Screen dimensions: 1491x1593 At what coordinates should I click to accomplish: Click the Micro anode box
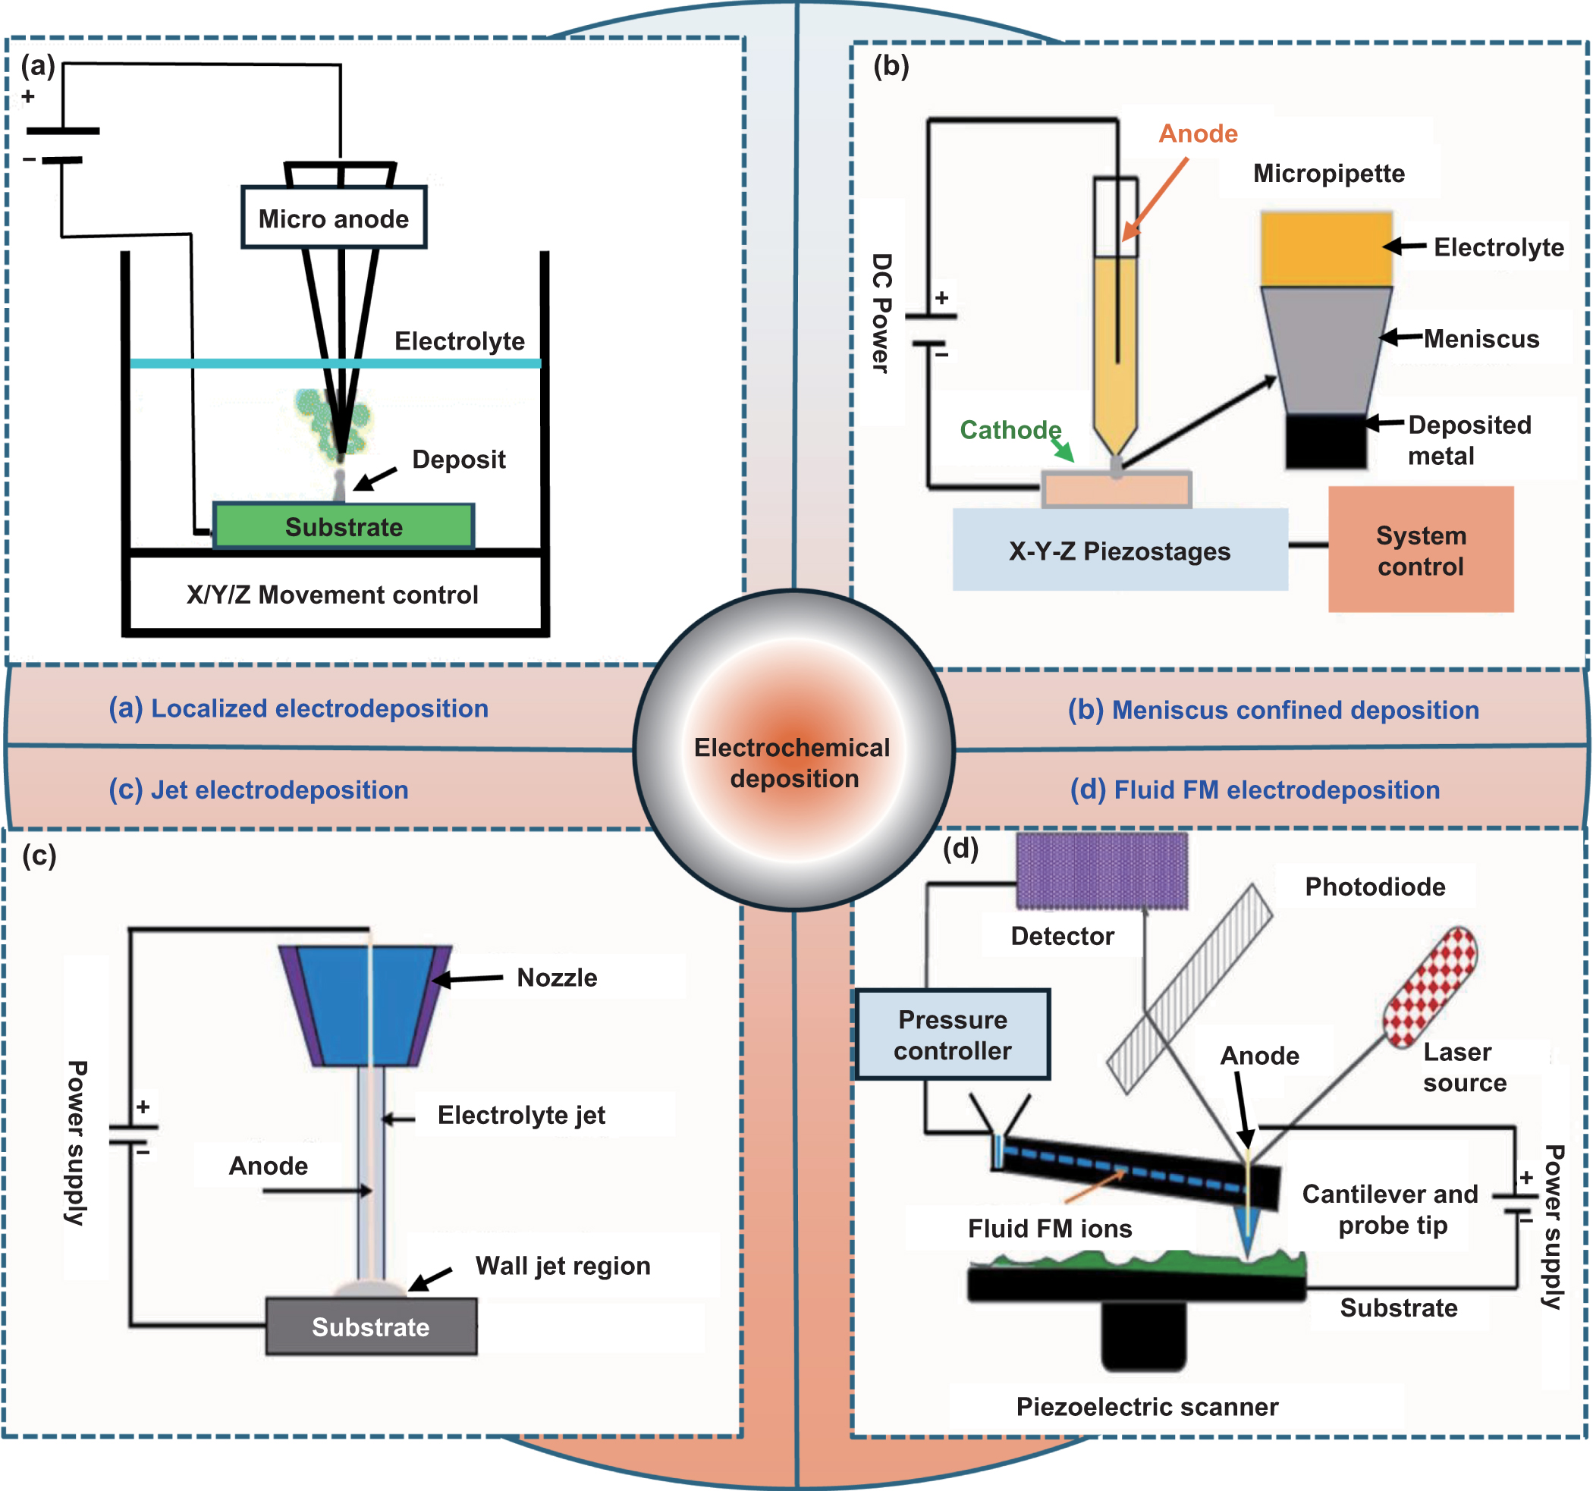pyautogui.click(x=333, y=218)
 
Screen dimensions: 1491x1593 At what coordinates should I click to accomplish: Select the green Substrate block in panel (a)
pyautogui.click(x=344, y=526)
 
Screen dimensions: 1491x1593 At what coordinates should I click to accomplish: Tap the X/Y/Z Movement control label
pyautogui.click(x=331, y=595)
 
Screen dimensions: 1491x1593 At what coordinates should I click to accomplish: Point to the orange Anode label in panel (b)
pyautogui.click(x=1198, y=133)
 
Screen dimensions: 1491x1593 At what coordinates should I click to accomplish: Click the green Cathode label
pyautogui.click(x=1010, y=430)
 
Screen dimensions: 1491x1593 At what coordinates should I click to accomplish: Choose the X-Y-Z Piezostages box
pyautogui.click(x=1120, y=551)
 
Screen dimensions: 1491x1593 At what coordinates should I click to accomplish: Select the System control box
pyautogui.click(x=1420, y=551)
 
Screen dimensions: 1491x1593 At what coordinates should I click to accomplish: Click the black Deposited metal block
pyautogui.click(x=1325, y=441)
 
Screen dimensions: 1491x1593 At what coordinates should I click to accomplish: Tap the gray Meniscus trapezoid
pyautogui.click(x=1325, y=349)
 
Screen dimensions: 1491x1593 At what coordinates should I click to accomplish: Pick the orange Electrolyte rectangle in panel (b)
pyautogui.click(x=1325, y=248)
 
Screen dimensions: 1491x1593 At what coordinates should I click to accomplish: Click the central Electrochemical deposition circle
pyautogui.click(x=793, y=751)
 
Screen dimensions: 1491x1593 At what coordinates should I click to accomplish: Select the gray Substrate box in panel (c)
pyautogui.click(x=371, y=1327)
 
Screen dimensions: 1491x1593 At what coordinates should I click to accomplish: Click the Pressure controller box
pyautogui.click(x=952, y=1034)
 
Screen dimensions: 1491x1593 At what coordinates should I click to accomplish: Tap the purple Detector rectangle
pyautogui.click(x=1101, y=871)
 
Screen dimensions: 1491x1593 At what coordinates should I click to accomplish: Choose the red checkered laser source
pyautogui.click(x=1430, y=988)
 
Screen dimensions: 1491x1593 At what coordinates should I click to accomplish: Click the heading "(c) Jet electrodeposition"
pyautogui.click(x=259, y=790)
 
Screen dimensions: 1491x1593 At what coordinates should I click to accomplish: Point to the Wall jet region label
pyautogui.click(x=563, y=1266)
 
